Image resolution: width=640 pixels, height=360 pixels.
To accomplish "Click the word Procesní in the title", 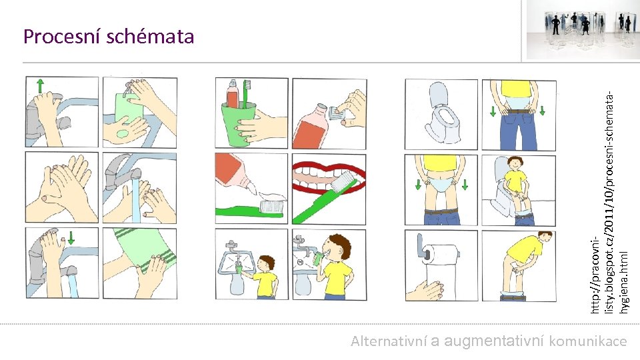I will tap(61, 36).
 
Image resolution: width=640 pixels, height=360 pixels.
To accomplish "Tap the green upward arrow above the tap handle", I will tap(40, 85).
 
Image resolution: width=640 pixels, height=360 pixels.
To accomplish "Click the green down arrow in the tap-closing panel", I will tap(71, 238).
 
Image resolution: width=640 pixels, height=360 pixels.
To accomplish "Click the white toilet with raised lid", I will tap(443, 113).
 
